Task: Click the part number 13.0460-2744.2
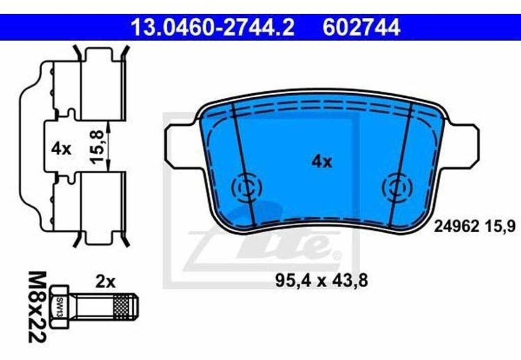pos(213,27)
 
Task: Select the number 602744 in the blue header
pos(361,27)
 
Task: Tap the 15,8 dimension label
pos(97,147)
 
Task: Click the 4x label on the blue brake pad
pos(322,162)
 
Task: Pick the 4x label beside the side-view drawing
pos(61,149)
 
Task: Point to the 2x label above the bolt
pos(105,282)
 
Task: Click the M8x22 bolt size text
pos(37,307)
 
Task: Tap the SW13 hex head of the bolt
pos(59,307)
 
